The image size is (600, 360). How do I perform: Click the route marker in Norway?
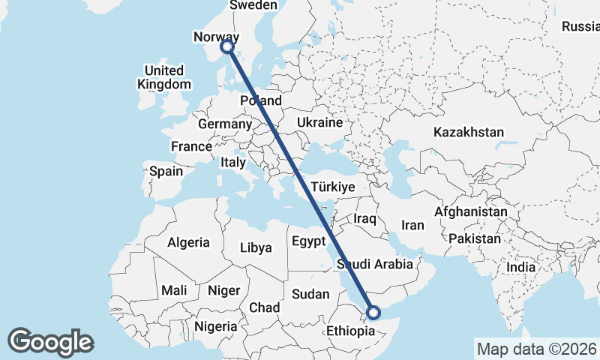[x=227, y=47]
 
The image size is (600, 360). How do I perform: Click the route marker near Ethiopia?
[x=373, y=313]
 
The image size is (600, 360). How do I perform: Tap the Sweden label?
[x=253, y=5]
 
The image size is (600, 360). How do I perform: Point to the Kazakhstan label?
[x=469, y=132]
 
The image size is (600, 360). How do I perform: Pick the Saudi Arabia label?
[x=375, y=264]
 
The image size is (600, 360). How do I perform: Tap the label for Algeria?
[x=188, y=243]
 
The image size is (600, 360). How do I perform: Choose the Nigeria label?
[x=216, y=326]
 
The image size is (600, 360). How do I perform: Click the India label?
[x=520, y=266]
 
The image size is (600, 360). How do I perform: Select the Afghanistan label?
[x=471, y=212]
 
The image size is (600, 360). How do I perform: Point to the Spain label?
[x=166, y=171]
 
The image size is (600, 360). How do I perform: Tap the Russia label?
[x=580, y=27]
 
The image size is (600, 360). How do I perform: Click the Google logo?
[x=50, y=341]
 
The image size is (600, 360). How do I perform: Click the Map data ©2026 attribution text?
[x=535, y=349]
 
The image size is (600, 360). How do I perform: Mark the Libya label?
[x=256, y=247]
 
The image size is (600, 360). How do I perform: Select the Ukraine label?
[x=319, y=122]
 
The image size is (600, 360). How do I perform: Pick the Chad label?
[x=264, y=307]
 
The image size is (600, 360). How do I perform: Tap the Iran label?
[x=413, y=225]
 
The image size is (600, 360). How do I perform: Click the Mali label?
[x=174, y=290]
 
